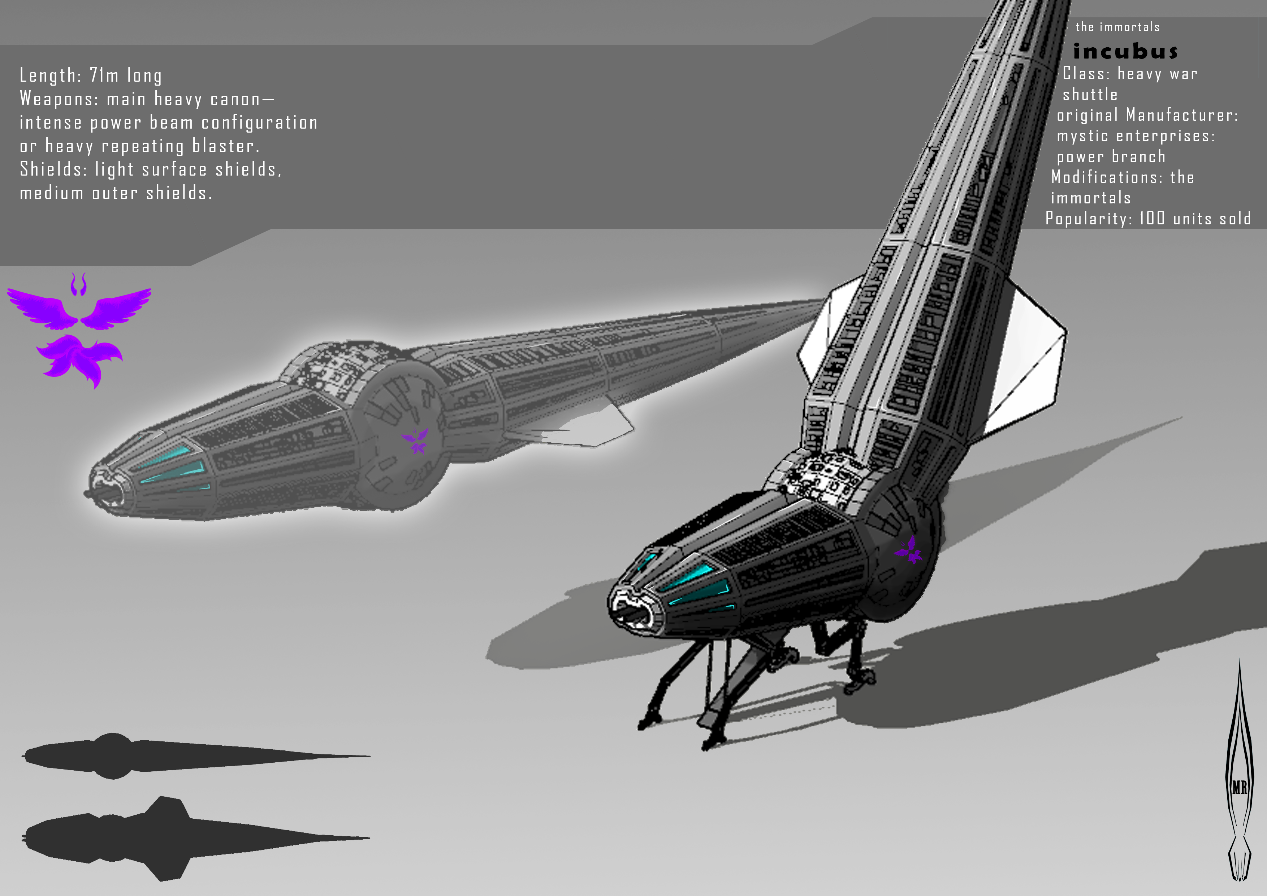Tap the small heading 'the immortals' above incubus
(1117, 27)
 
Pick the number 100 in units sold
(1152, 218)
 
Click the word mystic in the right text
(1082, 136)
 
